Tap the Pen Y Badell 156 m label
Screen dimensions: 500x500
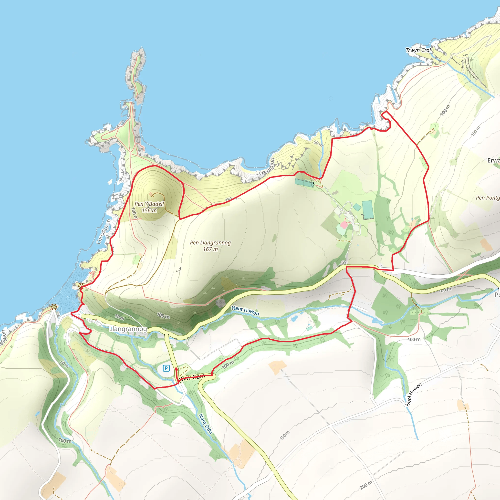(x=149, y=207)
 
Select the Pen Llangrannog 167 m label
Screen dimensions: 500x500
(x=210, y=246)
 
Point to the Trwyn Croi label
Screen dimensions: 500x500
(x=418, y=50)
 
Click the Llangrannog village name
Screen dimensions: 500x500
(x=128, y=329)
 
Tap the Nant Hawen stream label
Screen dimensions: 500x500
(x=245, y=310)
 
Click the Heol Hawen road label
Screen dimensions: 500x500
(x=414, y=394)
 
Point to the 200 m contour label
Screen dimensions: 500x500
(x=366, y=485)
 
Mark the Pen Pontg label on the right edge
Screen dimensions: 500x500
(x=488, y=198)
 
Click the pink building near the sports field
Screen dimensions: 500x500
(x=344, y=225)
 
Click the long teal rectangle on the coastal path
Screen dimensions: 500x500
(x=304, y=183)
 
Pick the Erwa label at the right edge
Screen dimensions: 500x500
(x=493, y=160)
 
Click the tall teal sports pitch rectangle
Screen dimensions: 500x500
(x=367, y=209)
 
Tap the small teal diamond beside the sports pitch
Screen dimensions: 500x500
(x=357, y=207)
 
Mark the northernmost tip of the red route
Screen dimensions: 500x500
(x=385, y=112)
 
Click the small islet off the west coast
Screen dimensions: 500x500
(x=110, y=181)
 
